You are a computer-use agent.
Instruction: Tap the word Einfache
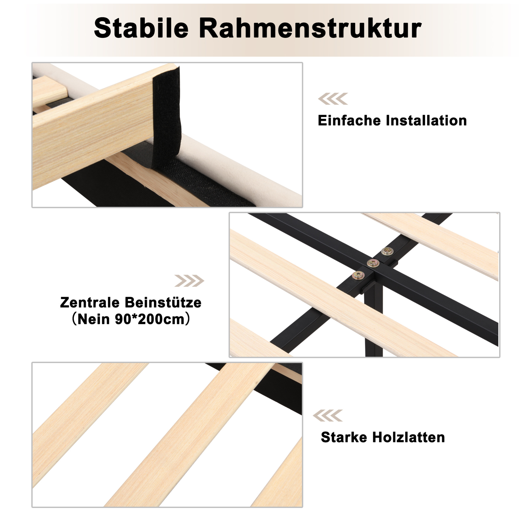pos(349,120)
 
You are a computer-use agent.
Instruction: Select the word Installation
pos(426,120)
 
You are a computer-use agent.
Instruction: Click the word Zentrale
pos(90,303)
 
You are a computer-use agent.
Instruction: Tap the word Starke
pos(344,437)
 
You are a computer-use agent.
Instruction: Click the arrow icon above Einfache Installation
pos(333,99)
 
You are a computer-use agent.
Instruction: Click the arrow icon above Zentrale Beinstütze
pos(189,281)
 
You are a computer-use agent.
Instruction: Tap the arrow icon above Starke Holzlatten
pos(328,415)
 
